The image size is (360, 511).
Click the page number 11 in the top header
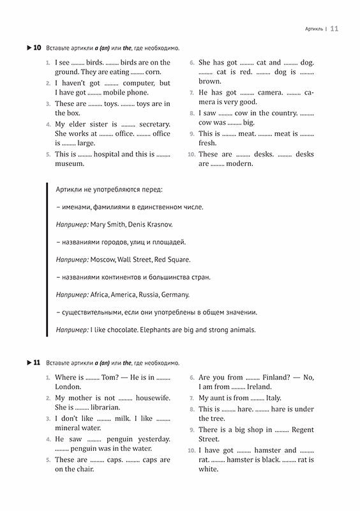point(334,28)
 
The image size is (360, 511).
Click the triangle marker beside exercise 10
point(28,48)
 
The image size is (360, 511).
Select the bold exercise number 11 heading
point(37,363)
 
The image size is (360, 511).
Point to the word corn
point(153,73)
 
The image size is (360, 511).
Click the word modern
point(240,164)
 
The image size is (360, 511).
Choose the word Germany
point(174,295)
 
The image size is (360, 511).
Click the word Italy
point(273,397)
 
